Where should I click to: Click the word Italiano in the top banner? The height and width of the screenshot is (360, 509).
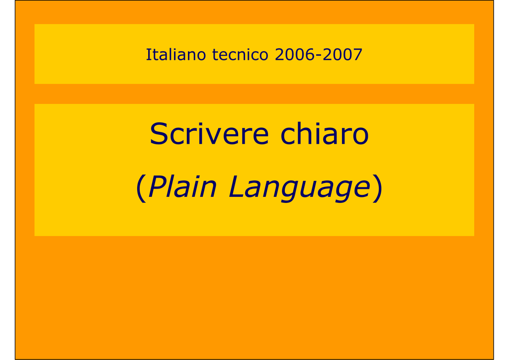[175, 54]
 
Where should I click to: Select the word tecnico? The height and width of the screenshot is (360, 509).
[240, 55]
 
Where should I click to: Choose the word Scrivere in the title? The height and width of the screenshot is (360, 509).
[209, 133]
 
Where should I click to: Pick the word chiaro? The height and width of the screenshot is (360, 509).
[324, 133]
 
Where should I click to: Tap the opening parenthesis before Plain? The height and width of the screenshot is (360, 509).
[141, 188]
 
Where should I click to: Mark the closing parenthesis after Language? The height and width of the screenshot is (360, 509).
[378, 188]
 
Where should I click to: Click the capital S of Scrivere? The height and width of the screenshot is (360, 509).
[159, 133]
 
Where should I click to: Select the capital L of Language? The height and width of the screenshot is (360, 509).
[236, 186]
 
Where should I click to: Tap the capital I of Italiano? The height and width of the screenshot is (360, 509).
[148, 54]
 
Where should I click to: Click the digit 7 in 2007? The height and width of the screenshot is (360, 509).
[358, 55]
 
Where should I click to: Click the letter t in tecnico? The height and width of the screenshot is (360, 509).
[215, 55]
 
